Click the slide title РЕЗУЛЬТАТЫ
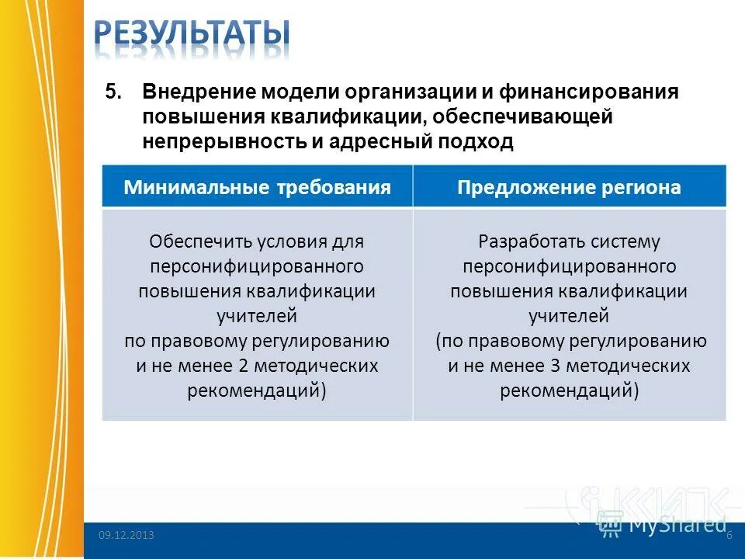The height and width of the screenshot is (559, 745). pyautogui.click(x=194, y=35)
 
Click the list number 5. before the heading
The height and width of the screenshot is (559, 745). pyautogui.click(x=114, y=92)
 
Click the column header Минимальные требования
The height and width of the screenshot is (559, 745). pyautogui.click(x=257, y=187)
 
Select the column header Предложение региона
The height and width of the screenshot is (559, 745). pyautogui.click(x=569, y=187)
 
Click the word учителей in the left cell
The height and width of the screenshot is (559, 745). pyautogui.click(x=257, y=316)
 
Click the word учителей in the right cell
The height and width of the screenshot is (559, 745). pyautogui.click(x=569, y=316)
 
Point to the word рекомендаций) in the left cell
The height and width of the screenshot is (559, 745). pyautogui.click(x=257, y=391)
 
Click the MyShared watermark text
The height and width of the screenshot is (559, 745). pyautogui.click(x=677, y=524)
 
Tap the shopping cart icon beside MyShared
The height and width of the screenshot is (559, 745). pyautogui.click(x=610, y=524)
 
